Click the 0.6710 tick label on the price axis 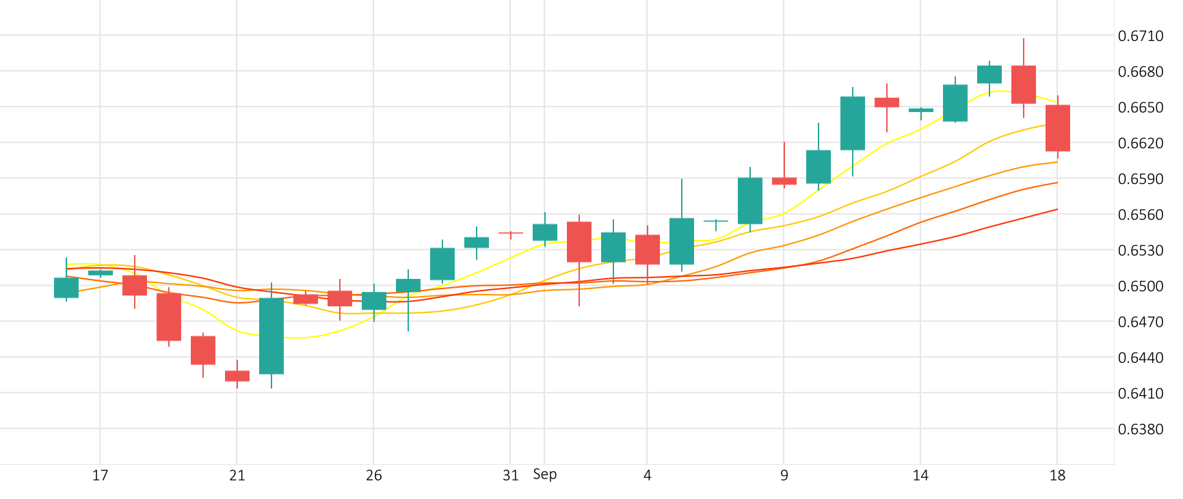tap(1140, 36)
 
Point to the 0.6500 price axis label tap(1140, 286)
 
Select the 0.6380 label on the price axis tap(1140, 429)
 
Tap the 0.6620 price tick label tap(1140, 144)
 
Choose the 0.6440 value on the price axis tap(1140, 358)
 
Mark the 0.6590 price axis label tap(1140, 179)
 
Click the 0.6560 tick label tap(1140, 215)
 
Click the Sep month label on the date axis tap(545, 474)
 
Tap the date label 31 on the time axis tap(510, 476)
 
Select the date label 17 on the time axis tap(100, 476)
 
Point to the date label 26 tap(373, 476)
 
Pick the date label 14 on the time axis tap(920, 476)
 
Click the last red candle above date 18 tap(1058, 128)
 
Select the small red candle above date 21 tap(237, 376)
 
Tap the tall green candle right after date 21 tap(271, 336)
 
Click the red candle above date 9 tap(784, 181)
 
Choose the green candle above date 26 tap(374, 301)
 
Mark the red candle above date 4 tap(648, 249)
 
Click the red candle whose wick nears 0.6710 tap(1024, 85)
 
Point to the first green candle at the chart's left tap(66, 288)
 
